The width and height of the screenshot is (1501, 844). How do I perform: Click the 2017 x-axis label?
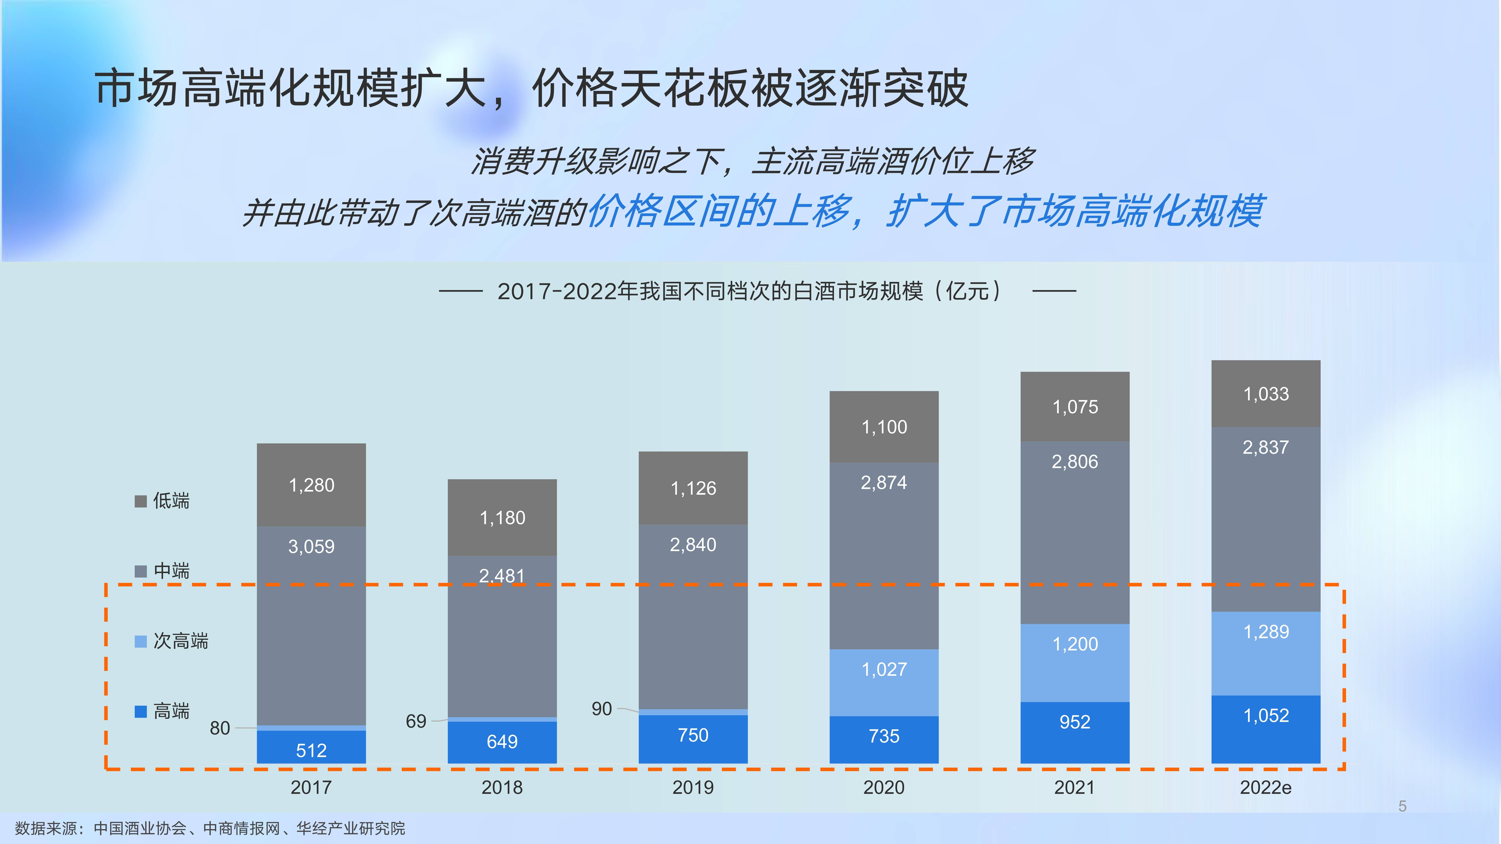(311, 788)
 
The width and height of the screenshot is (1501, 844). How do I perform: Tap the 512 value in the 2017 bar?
(311, 750)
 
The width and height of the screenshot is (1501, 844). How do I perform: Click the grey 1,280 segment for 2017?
(311, 485)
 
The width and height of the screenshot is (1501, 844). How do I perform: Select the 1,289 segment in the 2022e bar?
(1266, 632)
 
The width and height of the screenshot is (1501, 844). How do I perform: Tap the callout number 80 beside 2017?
(220, 728)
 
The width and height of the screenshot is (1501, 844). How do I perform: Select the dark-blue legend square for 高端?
(141, 711)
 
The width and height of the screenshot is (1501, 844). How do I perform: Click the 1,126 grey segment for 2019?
(693, 488)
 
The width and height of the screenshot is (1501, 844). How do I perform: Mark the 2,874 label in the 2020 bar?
(884, 483)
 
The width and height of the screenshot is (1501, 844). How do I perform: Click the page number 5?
(1402, 806)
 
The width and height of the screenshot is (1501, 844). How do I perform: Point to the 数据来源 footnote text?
(210, 828)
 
